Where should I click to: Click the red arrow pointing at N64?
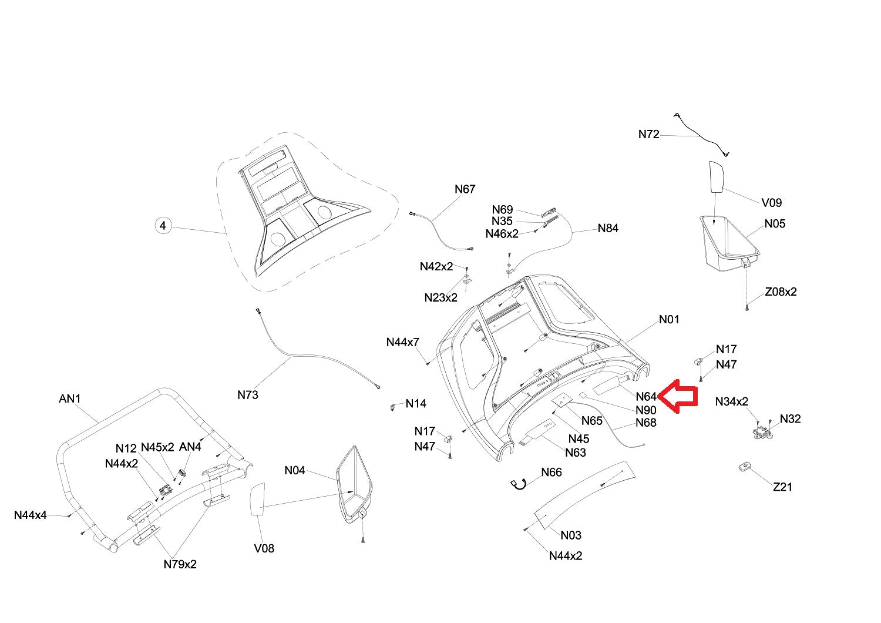pyautogui.click(x=678, y=398)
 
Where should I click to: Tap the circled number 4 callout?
pyautogui.click(x=163, y=225)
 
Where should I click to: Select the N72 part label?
pyautogui.click(x=648, y=135)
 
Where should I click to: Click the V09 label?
pyautogui.click(x=771, y=203)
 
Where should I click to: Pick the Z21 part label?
pyautogui.click(x=782, y=487)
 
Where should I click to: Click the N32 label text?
pyautogui.click(x=790, y=419)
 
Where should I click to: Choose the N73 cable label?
pyautogui.click(x=248, y=395)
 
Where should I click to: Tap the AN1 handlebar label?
pyautogui.click(x=70, y=399)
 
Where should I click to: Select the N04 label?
pyautogui.click(x=295, y=470)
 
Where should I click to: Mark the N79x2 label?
pyautogui.click(x=180, y=564)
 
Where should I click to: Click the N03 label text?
pyautogui.click(x=570, y=535)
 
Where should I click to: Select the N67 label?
pyautogui.click(x=465, y=189)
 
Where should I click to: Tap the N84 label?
pyautogui.click(x=608, y=228)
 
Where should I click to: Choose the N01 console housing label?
pyautogui.click(x=669, y=320)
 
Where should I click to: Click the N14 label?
pyautogui.click(x=416, y=404)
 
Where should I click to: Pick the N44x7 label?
pyautogui.click(x=402, y=342)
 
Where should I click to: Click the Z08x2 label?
pyautogui.click(x=781, y=292)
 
